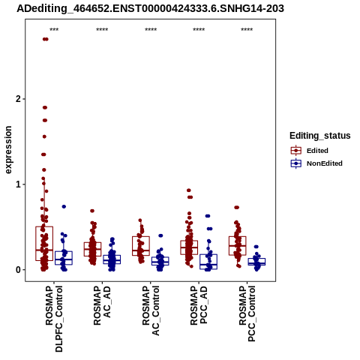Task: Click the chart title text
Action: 150,8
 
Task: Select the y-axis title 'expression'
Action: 8,150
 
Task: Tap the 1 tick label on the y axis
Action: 17,184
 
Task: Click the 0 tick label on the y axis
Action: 17,270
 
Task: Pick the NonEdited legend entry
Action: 316,163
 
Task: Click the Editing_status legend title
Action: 320,136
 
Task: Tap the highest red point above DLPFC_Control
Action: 45,39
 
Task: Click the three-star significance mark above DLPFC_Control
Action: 54,30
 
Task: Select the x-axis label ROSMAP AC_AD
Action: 102,305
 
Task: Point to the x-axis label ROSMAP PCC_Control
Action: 247,313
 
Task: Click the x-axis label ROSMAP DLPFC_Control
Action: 54,319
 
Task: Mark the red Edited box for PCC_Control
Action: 238,246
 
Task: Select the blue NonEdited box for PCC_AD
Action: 208,262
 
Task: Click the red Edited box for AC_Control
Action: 141,246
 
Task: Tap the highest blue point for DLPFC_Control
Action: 64,206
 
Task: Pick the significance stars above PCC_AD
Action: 199,30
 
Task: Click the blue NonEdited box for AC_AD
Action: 112,259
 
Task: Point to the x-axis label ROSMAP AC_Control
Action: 151,310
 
